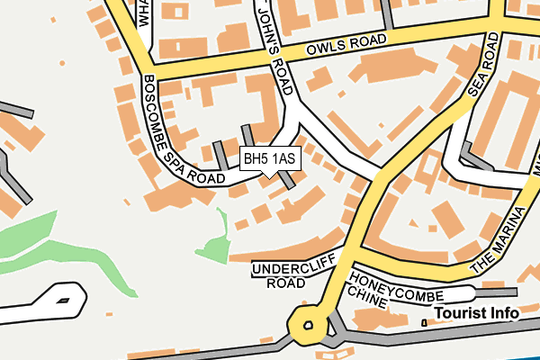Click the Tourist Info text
click(x=476, y=313)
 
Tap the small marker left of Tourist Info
click(x=423, y=322)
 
